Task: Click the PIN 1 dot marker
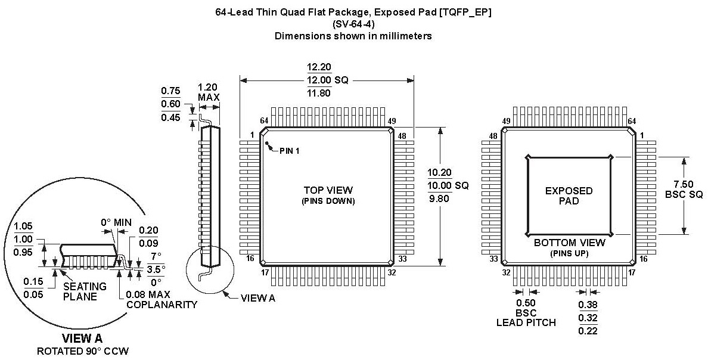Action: (x=268, y=144)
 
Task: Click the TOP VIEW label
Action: (x=328, y=190)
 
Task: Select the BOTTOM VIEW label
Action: (x=569, y=243)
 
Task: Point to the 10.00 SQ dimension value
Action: (x=448, y=185)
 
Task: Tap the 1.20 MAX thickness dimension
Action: (x=209, y=91)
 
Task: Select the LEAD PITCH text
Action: (x=526, y=322)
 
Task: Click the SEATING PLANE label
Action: (x=85, y=291)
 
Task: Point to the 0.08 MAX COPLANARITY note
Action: (x=162, y=299)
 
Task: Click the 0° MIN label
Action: (x=115, y=223)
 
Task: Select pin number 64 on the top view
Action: (x=264, y=122)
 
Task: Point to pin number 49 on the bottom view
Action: (x=507, y=122)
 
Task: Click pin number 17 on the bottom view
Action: (x=632, y=272)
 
